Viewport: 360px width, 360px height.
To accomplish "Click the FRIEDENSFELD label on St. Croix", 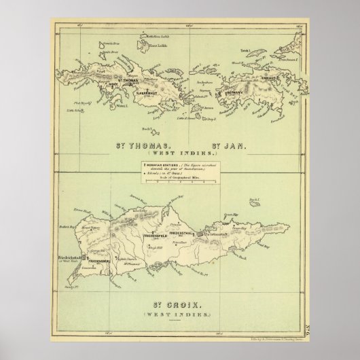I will click(x=158, y=235).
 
